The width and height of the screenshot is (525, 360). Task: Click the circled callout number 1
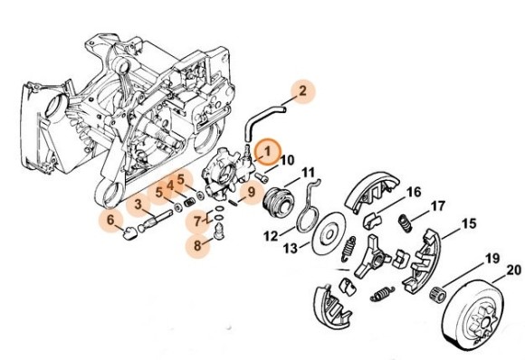[x=268, y=151]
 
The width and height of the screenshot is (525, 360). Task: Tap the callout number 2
[x=302, y=90]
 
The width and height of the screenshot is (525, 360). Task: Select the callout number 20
[x=513, y=270]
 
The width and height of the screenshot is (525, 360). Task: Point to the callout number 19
[x=492, y=259]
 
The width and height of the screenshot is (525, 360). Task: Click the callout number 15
[x=469, y=223]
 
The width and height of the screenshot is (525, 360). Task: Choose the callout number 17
[x=438, y=206]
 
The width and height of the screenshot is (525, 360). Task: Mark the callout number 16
[x=414, y=192]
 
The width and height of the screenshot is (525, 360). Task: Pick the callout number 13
[x=291, y=248]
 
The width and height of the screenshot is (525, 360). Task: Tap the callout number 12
[x=271, y=236]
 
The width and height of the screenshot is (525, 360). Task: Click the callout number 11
[x=308, y=173]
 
